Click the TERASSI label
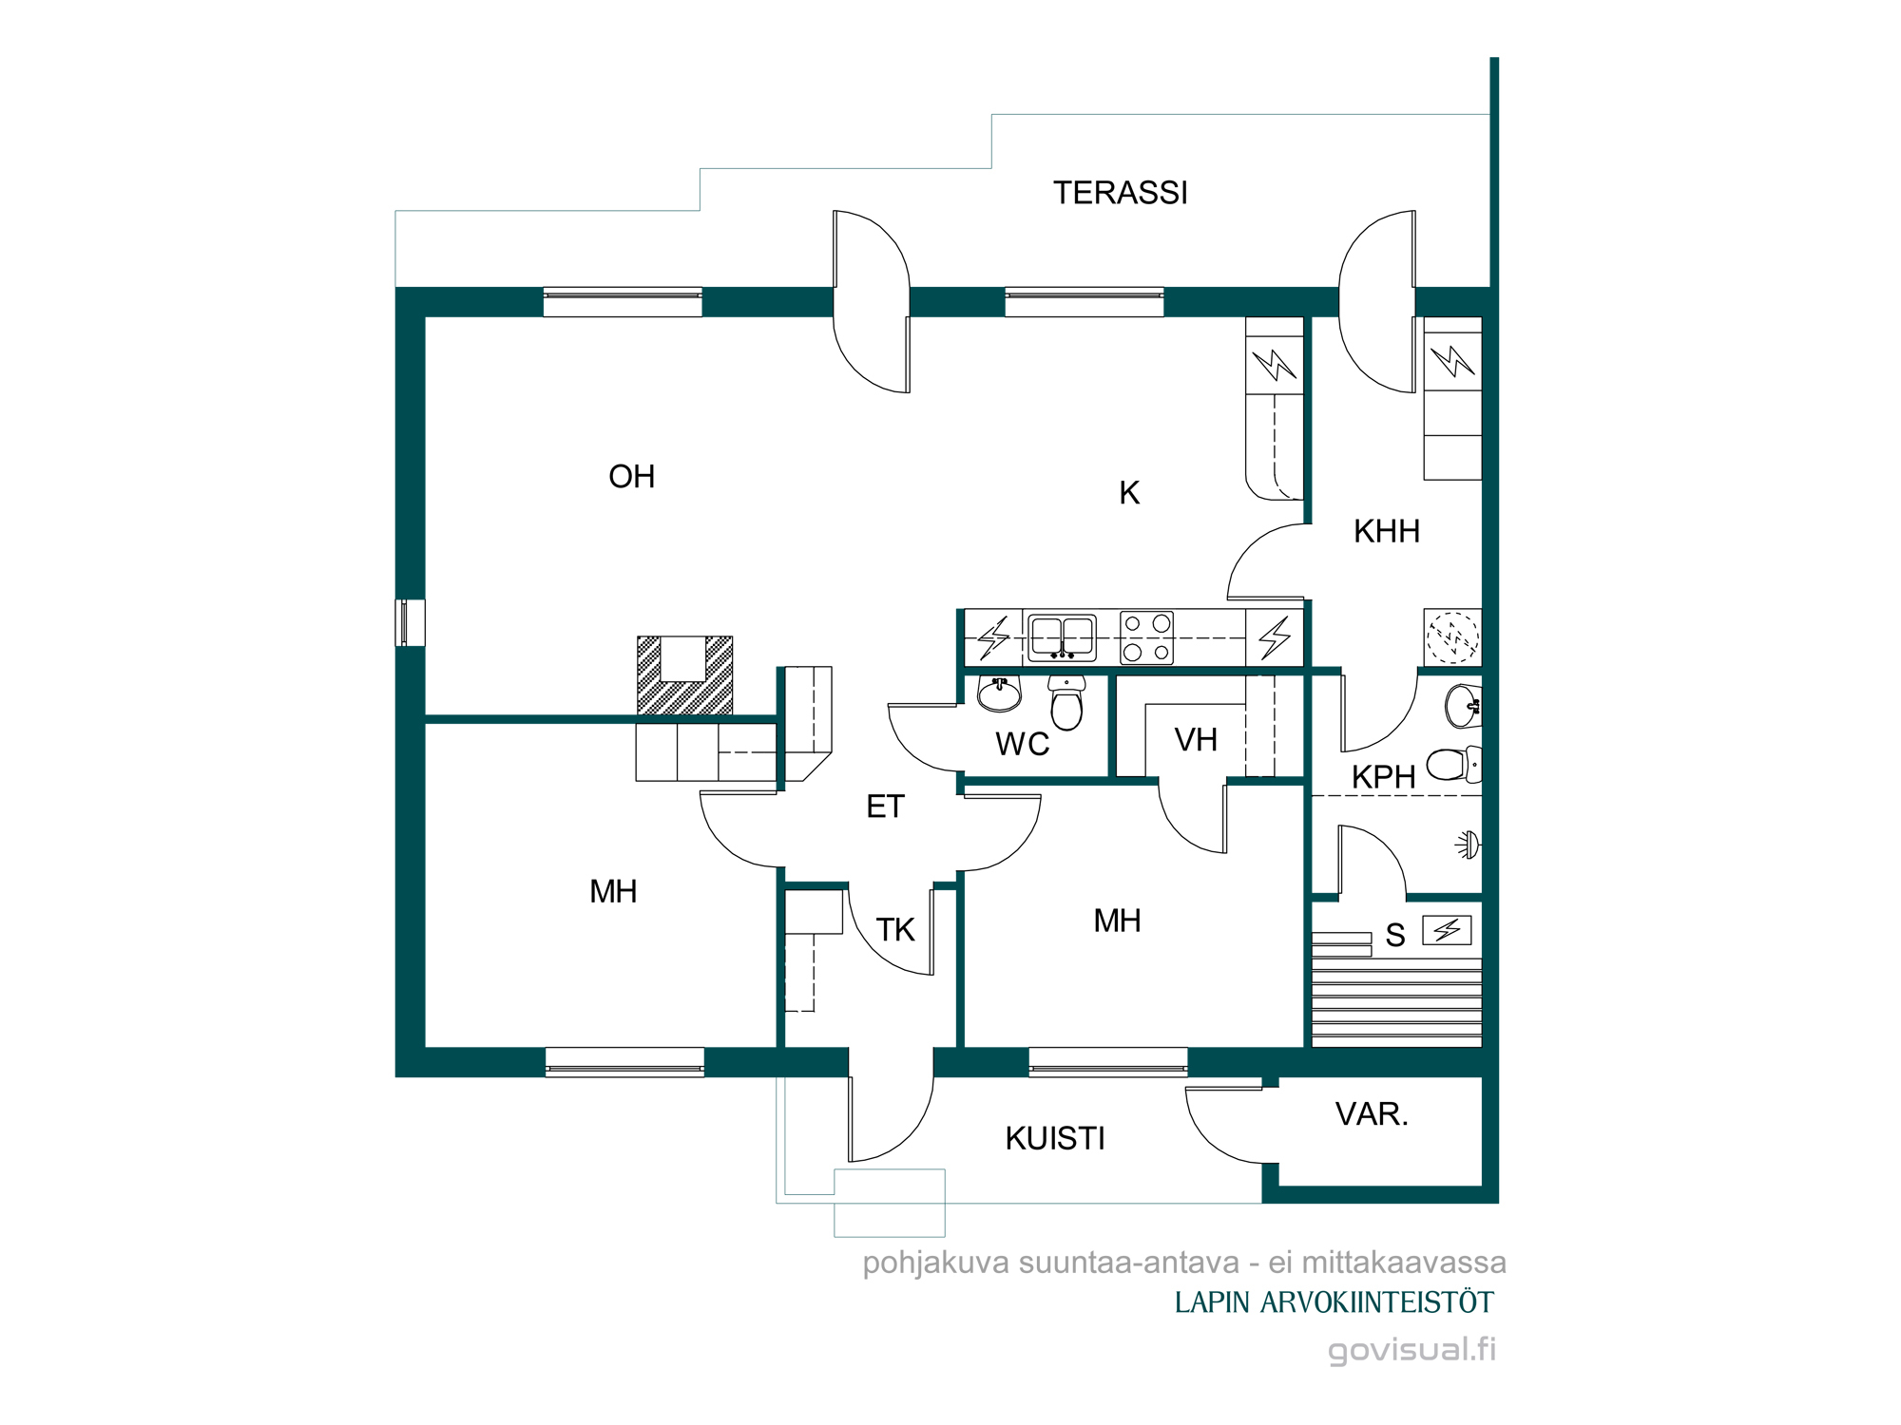pyautogui.click(x=1120, y=193)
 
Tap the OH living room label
pyautogui.click(x=632, y=476)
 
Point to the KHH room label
pyautogui.click(x=1387, y=531)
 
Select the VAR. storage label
pyautogui.click(x=1372, y=1113)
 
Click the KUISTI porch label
pyautogui.click(x=1055, y=1138)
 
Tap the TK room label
pyautogui.click(x=894, y=929)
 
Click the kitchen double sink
pyautogui.click(x=1062, y=637)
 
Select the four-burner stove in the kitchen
pyautogui.click(x=1146, y=637)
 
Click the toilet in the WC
pyautogui.click(x=1066, y=702)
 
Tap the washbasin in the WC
pyautogui.click(x=999, y=693)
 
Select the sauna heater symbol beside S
pyautogui.click(x=1447, y=929)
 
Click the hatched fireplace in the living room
pyautogui.click(x=684, y=675)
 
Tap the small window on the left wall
pyautogui.click(x=410, y=623)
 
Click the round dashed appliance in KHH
pyautogui.click(x=1452, y=637)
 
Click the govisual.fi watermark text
pyautogui.click(x=1411, y=1350)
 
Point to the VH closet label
pyautogui.click(x=1196, y=740)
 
